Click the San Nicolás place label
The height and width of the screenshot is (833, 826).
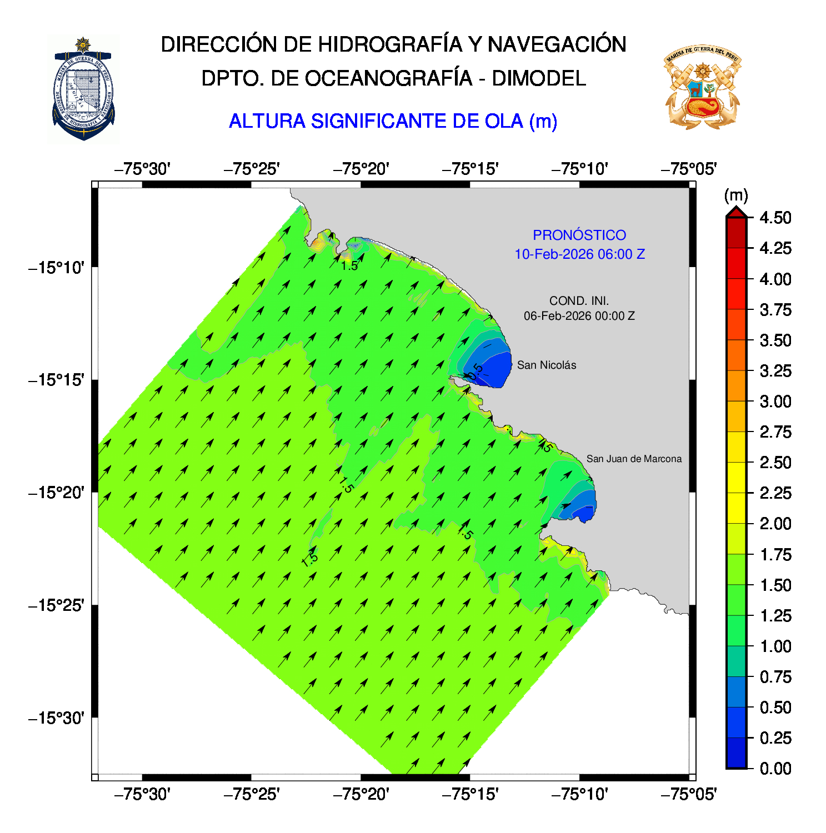[x=546, y=365]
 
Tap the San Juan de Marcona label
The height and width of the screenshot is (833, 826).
[x=633, y=459]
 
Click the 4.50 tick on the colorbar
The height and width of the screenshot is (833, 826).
[x=775, y=218]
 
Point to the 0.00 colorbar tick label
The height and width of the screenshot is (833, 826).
[x=775, y=769]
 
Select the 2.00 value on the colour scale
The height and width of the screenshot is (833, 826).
[x=775, y=524]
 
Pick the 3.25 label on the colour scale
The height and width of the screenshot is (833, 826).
[x=775, y=371]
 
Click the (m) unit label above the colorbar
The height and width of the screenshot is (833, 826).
[x=736, y=195]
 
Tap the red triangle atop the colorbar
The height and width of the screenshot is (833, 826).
[x=736, y=212]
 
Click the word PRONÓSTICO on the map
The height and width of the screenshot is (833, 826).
[x=579, y=235]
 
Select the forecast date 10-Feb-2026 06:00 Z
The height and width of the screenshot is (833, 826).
[x=579, y=254]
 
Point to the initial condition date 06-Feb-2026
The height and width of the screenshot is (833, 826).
[x=579, y=316]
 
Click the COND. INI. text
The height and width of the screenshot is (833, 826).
[x=579, y=301]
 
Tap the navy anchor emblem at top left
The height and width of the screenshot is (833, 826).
[x=83, y=89]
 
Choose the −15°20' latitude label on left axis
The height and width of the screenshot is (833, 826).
[x=56, y=493]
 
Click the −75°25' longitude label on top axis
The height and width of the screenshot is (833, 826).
[x=251, y=169]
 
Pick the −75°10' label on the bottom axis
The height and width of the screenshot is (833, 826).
[x=579, y=795]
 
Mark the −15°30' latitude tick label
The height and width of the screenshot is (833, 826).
[x=56, y=718]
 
